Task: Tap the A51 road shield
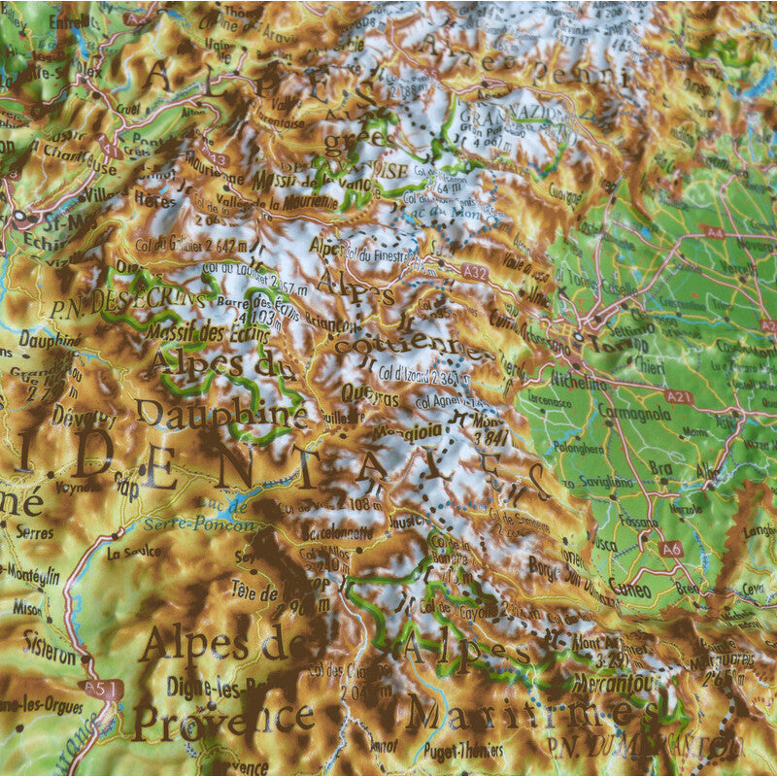[110, 689]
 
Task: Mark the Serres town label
[36, 534]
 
